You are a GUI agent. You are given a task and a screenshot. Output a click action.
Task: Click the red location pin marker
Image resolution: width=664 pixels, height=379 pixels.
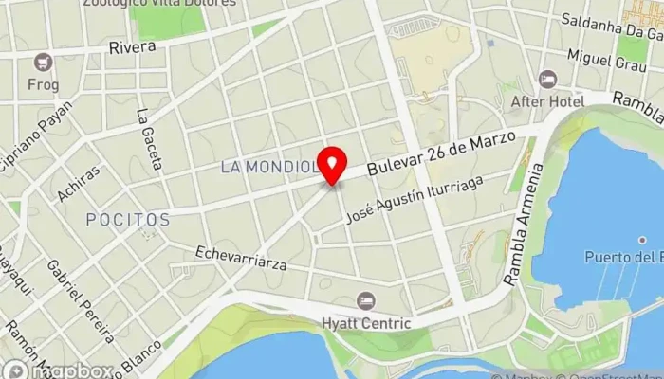click(x=332, y=165)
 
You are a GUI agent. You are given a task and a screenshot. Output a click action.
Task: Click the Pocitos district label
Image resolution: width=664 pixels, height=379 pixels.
click(x=128, y=220)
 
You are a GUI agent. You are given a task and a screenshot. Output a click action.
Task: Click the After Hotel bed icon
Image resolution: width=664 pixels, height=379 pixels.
click(x=546, y=80)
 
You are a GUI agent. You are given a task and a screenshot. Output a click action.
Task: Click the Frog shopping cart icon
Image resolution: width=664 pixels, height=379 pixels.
click(x=42, y=63)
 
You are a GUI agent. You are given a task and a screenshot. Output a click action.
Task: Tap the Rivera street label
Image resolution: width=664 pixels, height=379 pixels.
click(x=132, y=46)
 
